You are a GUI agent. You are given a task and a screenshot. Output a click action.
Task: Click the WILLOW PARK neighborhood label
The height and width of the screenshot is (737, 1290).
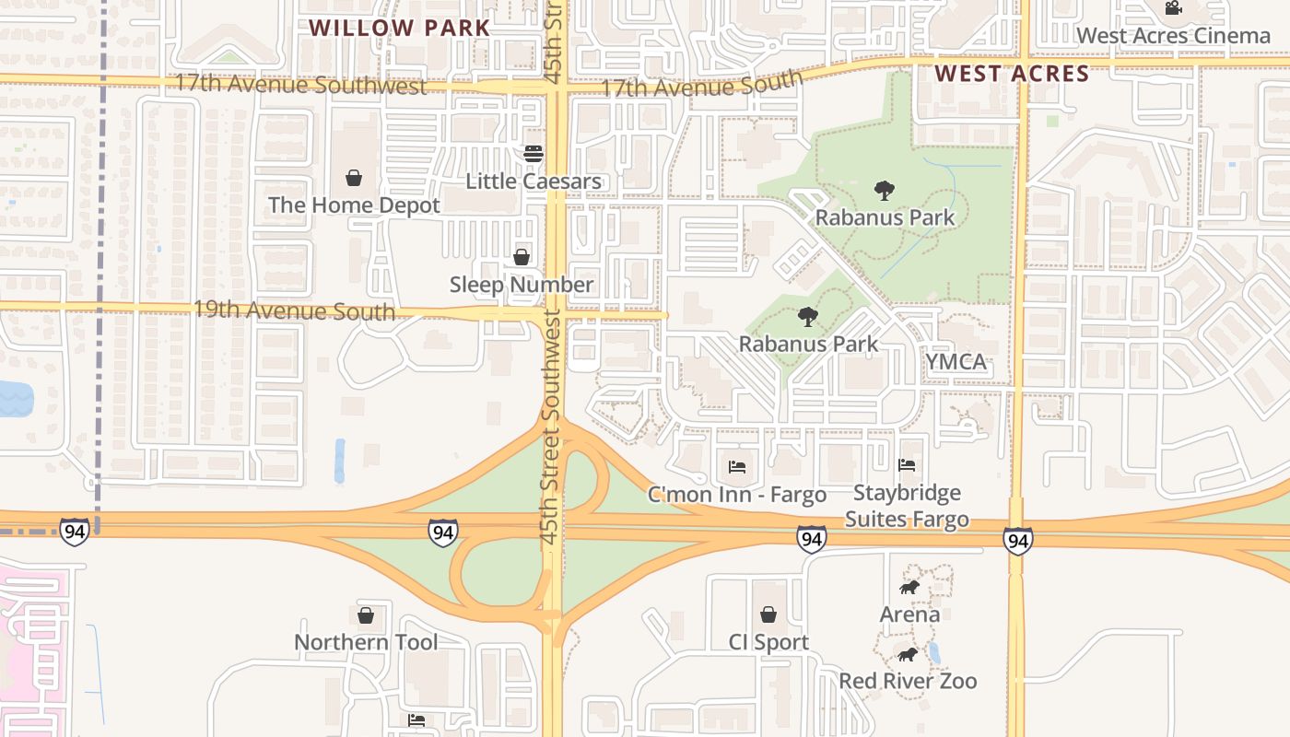point(399,28)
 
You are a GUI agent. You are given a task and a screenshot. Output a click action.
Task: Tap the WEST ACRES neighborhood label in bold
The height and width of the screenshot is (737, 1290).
point(1012,74)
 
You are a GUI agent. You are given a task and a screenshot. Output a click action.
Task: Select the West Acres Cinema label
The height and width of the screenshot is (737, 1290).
point(1173,36)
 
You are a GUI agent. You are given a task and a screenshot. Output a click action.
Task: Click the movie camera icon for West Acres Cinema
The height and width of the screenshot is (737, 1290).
point(1173,8)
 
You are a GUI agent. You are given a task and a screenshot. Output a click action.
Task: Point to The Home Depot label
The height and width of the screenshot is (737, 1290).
point(354,205)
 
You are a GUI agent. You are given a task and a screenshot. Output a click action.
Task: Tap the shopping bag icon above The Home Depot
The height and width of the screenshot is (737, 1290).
point(354,177)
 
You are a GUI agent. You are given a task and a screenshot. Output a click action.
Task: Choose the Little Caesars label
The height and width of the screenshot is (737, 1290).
point(534,181)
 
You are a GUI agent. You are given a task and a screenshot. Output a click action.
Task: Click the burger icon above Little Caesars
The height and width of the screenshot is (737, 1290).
point(534,154)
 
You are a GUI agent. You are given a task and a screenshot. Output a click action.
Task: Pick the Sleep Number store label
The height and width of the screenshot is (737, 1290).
point(522,285)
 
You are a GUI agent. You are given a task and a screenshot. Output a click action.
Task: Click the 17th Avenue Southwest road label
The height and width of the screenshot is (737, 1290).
point(301,85)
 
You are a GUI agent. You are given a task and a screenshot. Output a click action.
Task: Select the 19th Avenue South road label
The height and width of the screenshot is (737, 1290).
point(294,310)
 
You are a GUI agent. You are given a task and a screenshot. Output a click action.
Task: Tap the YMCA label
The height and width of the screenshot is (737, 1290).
point(956,362)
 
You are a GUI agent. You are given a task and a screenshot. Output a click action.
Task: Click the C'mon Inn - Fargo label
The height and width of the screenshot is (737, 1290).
point(737,495)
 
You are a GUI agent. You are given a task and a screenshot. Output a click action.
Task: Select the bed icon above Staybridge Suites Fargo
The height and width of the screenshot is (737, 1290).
point(907,466)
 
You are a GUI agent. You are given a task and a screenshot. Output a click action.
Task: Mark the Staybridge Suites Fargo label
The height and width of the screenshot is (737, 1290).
point(907,506)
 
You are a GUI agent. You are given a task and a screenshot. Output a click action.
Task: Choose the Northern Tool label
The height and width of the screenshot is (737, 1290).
point(366,642)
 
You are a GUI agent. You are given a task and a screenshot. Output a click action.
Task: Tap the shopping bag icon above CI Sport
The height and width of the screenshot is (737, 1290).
point(768,614)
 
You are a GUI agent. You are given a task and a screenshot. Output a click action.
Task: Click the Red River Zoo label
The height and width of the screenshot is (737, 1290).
point(908,682)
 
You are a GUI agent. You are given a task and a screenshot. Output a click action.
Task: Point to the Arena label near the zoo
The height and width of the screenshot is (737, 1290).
point(909,614)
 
